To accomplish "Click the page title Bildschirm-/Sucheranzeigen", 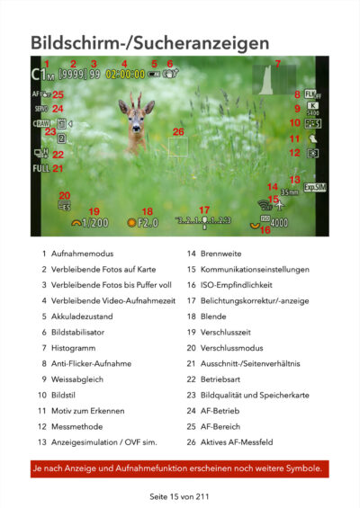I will (149, 43).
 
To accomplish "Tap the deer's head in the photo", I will (136, 110).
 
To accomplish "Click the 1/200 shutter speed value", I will (94, 223).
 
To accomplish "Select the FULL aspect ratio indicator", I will (41, 168).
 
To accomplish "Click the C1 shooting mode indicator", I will (42, 76).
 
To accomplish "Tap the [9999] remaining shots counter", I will (72, 76).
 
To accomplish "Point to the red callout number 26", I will (178, 131).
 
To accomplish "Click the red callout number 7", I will (277, 64).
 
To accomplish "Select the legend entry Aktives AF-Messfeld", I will (247, 442).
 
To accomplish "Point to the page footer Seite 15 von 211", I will (180, 495).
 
